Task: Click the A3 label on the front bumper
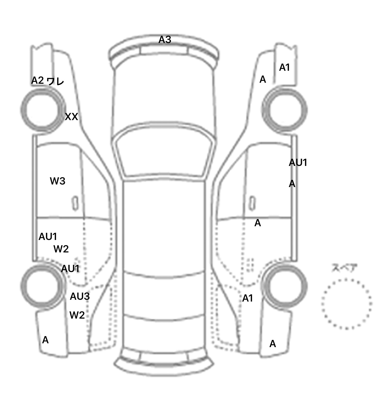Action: coord(165,40)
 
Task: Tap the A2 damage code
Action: coord(37,80)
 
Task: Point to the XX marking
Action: coord(71,117)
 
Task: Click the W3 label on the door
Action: coord(58,181)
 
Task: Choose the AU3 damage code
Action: coord(80,296)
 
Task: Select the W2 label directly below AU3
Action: coord(77,315)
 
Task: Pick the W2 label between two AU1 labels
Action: coord(61,249)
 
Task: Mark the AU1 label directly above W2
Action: coord(48,237)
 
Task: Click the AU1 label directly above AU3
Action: coord(70,269)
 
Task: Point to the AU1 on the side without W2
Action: coord(298,163)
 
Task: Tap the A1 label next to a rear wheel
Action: coord(247,298)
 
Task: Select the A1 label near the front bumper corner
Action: coord(284,67)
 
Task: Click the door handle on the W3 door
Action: coord(75,203)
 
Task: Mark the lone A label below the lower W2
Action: coord(45,340)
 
